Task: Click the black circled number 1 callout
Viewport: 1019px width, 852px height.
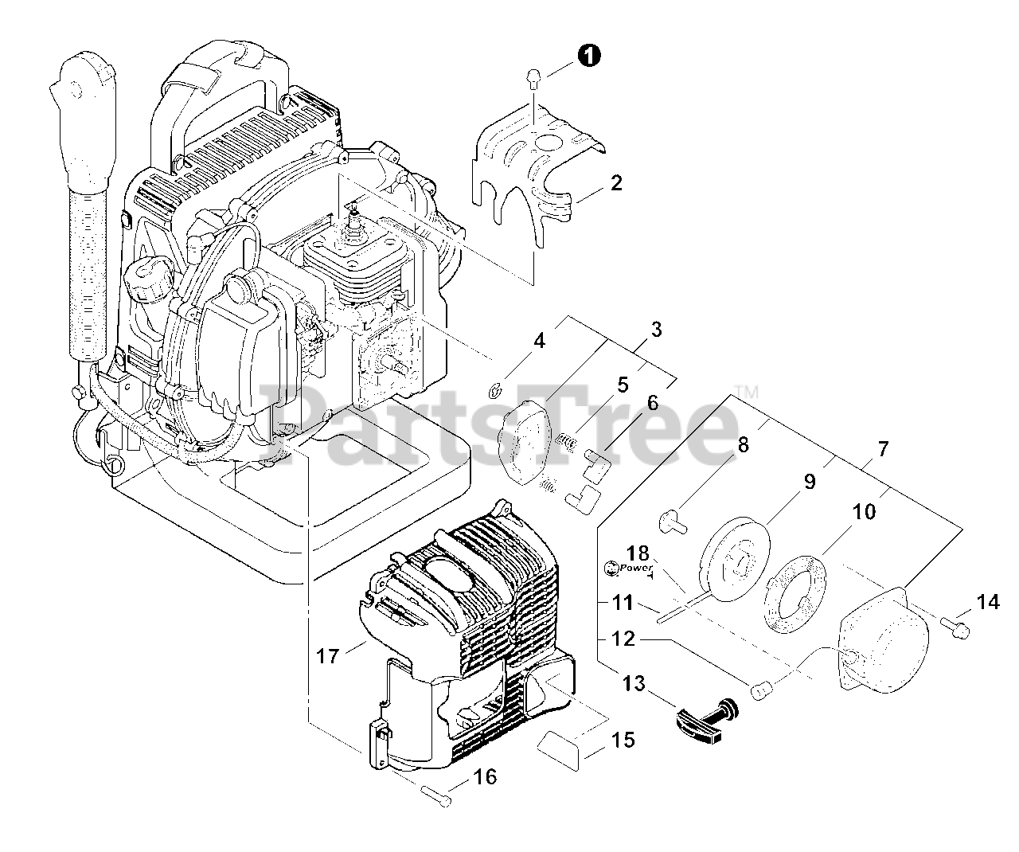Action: pyautogui.click(x=589, y=55)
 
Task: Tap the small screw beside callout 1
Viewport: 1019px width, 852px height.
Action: pyautogui.click(x=534, y=78)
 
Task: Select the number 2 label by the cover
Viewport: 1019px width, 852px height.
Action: pyautogui.click(x=616, y=183)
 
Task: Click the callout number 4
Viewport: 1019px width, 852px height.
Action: pyautogui.click(x=540, y=342)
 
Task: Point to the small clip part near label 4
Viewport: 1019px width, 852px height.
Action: pyautogui.click(x=494, y=389)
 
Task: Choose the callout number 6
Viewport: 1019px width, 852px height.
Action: pyautogui.click(x=653, y=403)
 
